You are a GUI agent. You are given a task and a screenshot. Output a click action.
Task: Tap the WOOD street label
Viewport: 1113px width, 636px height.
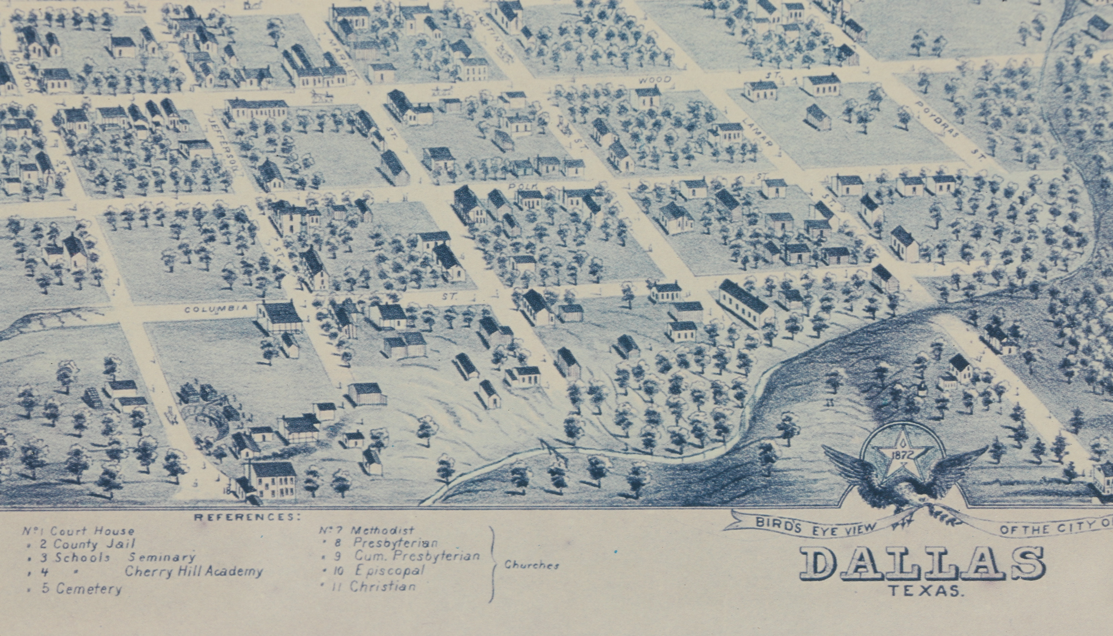[x=654, y=80]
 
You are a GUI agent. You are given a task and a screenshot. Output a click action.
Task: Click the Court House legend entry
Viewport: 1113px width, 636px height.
[x=92, y=531]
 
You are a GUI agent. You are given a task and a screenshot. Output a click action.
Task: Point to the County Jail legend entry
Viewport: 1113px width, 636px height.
[x=94, y=544]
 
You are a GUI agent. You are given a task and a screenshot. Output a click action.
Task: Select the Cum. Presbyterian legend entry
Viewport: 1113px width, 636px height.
[x=417, y=556]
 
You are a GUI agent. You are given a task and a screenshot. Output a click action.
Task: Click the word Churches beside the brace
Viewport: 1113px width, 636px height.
[x=532, y=565]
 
